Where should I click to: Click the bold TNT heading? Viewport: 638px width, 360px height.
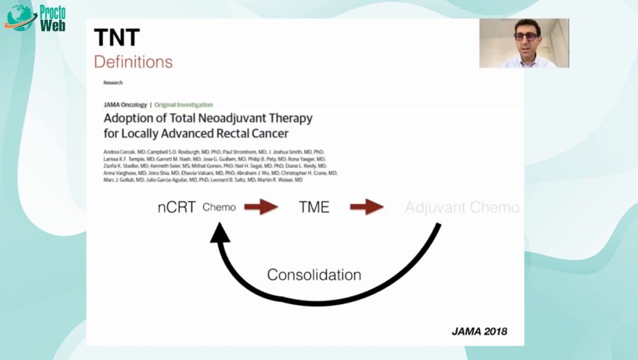[116, 37]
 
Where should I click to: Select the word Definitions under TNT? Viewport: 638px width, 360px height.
[133, 62]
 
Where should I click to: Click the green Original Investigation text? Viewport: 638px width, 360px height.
[184, 105]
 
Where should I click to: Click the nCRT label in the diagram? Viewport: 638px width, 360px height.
[177, 208]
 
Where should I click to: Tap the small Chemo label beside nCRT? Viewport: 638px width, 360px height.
[219, 208]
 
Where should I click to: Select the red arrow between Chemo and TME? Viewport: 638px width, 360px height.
[261, 208]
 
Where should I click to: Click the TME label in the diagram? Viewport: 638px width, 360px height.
[313, 208]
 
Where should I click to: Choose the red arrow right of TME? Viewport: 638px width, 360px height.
[366, 208]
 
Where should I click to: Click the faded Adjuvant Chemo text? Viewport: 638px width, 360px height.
[461, 208]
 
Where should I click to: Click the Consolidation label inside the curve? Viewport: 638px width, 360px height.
[314, 275]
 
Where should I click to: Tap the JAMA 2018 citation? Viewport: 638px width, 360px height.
[479, 331]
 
